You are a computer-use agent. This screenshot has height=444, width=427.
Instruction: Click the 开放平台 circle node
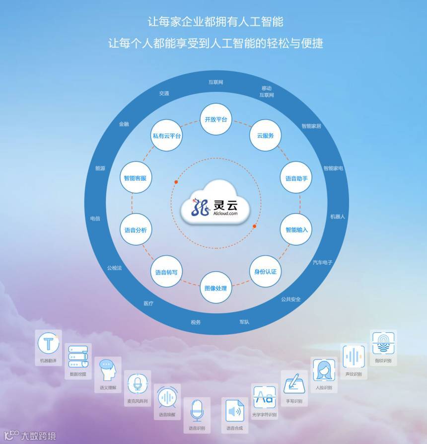pyautogui.click(x=216, y=120)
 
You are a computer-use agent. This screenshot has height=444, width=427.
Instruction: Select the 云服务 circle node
pyautogui.click(x=265, y=135)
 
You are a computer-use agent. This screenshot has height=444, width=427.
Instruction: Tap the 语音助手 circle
pyautogui.click(x=296, y=178)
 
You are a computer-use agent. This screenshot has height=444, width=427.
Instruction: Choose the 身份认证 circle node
pyautogui.click(x=265, y=271)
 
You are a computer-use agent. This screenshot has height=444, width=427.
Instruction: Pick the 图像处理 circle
pyautogui.click(x=216, y=288)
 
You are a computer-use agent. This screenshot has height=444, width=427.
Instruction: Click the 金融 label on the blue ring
pyautogui.click(x=124, y=124)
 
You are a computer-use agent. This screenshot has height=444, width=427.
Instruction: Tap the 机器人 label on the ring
pyautogui.click(x=338, y=217)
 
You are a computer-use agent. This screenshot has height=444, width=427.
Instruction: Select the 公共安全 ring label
pyautogui.click(x=291, y=299)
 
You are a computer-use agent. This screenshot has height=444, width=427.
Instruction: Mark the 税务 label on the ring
pyautogui.click(x=196, y=322)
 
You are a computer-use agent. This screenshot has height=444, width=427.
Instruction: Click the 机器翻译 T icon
pyautogui.click(x=49, y=344)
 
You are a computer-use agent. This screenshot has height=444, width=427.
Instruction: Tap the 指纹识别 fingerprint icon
pyautogui.click(x=383, y=344)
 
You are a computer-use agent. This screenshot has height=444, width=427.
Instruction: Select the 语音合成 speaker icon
pyautogui.click(x=234, y=411)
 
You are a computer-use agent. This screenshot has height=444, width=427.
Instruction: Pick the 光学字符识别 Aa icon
pyautogui.click(x=264, y=397)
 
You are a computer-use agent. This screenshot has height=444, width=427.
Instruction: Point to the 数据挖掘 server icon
pyautogui.click(x=78, y=357)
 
